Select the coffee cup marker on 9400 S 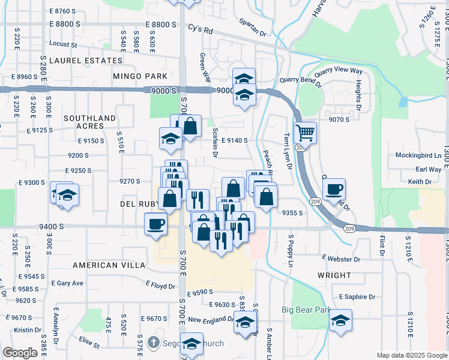pos(155,224)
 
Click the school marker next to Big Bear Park pos(340,320)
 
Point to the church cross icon pos(154,344)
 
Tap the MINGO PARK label pos(139,76)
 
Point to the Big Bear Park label pos(307,310)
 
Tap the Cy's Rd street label pos(200,28)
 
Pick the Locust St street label pos(64,44)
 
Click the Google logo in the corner pos(19,353)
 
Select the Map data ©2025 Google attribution pos(411,355)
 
